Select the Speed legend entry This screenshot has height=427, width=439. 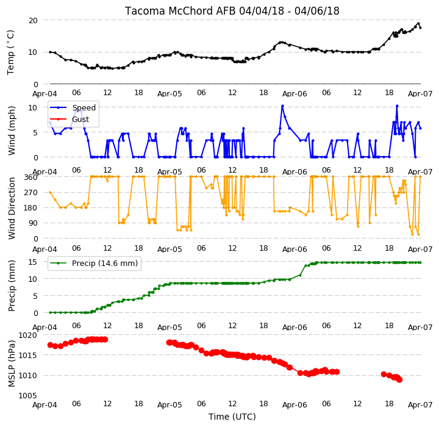point(73,107)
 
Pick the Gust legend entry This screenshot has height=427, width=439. point(70,120)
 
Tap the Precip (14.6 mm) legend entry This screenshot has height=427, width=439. point(94,264)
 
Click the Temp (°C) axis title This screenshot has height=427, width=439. point(10,52)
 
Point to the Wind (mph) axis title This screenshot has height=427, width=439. point(12,131)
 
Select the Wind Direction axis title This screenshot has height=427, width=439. point(12,208)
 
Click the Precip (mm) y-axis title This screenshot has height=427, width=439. point(12,286)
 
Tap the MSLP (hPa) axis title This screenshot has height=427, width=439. point(12,364)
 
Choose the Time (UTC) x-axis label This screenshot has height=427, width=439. point(232,417)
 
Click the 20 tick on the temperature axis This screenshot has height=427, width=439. point(33,21)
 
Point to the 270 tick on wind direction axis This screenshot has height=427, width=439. point(31,193)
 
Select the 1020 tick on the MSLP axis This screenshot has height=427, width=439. point(27,335)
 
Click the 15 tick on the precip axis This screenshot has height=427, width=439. point(33,262)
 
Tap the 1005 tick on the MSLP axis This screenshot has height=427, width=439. point(27,396)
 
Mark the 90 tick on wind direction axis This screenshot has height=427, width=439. point(33,223)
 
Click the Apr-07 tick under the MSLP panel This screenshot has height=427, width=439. point(420,405)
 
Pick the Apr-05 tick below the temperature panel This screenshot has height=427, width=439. point(170,93)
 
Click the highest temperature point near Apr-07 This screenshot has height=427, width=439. point(418,24)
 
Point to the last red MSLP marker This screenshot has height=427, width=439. point(399,380)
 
